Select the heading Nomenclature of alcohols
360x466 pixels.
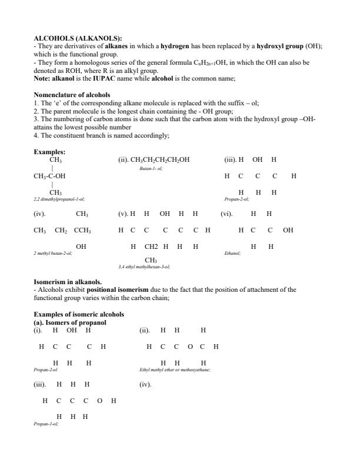point(72,95)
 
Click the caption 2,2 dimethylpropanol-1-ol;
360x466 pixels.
point(59,199)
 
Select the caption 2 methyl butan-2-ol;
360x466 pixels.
point(53,254)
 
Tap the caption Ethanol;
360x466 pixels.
point(232,254)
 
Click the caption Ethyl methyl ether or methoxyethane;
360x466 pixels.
point(175,370)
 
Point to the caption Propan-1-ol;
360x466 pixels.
point(46,424)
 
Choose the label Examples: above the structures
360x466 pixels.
point(49,152)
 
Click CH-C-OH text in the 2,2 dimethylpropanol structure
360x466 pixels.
point(50,176)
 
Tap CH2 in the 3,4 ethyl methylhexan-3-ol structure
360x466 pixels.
point(151,247)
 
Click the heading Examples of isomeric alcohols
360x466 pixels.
point(79,315)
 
